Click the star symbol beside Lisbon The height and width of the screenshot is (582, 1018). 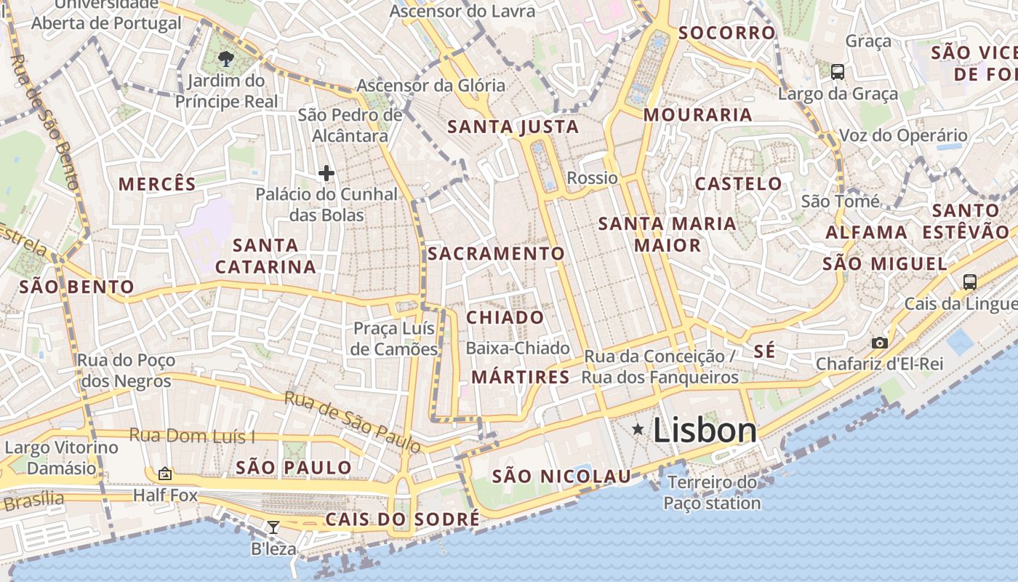pyautogui.click(x=638, y=429)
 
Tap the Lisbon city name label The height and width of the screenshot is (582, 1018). pyautogui.click(x=705, y=431)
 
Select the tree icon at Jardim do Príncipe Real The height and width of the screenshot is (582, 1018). pyautogui.click(x=226, y=58)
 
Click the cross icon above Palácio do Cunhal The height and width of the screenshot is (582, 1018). pyautogui.click(x=326, y=173)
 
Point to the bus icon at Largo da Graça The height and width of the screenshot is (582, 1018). pyautogui.click(x=838, y=71)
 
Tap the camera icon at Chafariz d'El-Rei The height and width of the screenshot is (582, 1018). pyautogui.click(x=880, y=343)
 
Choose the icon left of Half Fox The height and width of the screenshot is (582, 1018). pyautogui.click(x=165, y=474)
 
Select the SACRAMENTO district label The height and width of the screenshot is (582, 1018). pyautogui.click(x=496, y=253)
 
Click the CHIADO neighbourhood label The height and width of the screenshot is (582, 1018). pyautogui.click(x=505, y=317)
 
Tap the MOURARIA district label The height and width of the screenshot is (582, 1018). pyautogui.click(x=698, y=115)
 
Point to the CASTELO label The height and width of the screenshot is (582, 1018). pyautogui.click(x=738, y=183)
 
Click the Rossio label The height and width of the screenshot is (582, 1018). pyautogui.click(x=592, y=178)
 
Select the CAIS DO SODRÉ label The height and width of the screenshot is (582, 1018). pyautogui.click(x=402, y=519)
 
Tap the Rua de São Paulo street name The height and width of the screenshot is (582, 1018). pyautogui.click(x=352, y=420)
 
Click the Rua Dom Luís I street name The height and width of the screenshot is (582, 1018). pyautogui.click(x=192, y=436)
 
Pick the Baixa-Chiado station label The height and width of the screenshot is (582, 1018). pyautogui.click(x=518, y=348)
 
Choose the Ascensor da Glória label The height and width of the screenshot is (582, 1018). pyautogui.click(x=430, y=85)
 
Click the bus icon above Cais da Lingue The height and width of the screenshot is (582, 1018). pyautogui.click(x=969, y=282)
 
